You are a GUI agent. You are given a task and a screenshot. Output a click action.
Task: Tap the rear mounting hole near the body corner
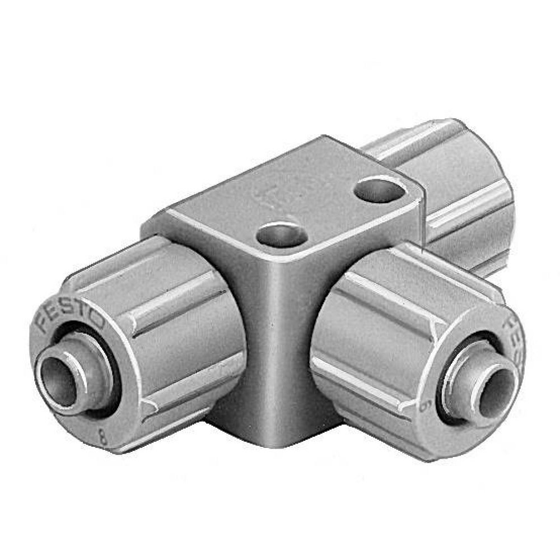click(379, 189)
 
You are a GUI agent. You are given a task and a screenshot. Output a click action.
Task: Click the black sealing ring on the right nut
click(448, 358)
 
